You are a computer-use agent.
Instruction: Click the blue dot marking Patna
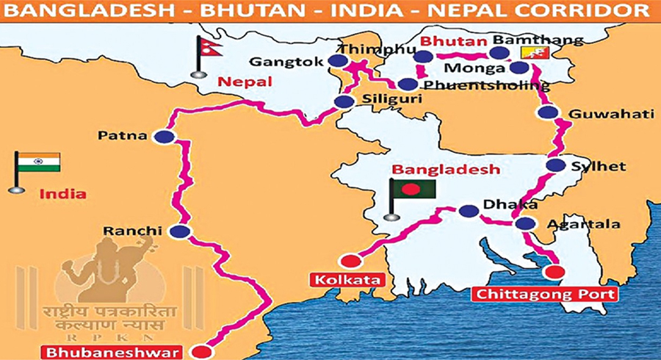pyautogui.click(x=166, y=137)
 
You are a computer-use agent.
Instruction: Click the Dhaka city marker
pyautogui.click(x=467, y=211)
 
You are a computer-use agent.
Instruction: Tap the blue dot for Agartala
pyautogui.click(x=525, y=224)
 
